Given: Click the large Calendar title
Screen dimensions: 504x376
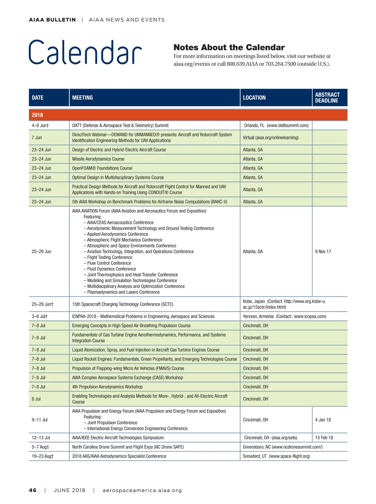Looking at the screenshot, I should [x=85, y=52].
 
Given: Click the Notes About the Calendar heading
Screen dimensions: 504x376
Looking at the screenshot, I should [x=229, y=47].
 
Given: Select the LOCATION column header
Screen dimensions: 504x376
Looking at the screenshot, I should [x=254, y=98].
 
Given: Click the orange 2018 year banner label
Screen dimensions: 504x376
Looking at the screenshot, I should [x=37, y=115].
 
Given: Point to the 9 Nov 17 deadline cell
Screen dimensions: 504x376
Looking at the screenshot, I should [x=323, y=251].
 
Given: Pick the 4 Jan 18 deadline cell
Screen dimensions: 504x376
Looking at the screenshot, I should [x=323, y=420].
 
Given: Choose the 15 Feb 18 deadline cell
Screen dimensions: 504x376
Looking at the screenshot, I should [x=324, y=437].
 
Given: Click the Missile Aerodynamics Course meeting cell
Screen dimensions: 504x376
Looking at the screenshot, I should [x=98, y=159].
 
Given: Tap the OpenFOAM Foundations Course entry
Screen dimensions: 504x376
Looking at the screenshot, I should [x=102, y=168].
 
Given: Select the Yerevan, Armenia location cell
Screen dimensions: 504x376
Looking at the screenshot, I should [x=284, y=316].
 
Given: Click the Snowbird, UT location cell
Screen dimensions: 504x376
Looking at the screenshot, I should [x=276, y=456].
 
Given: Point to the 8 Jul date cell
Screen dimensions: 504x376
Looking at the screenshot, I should [x=36, y=399].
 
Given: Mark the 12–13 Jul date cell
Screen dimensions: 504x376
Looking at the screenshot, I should [x=41, y=437].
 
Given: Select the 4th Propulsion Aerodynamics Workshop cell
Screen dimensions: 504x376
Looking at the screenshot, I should [x=107, y=387].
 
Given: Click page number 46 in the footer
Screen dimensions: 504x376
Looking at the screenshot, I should [x=33, y=490].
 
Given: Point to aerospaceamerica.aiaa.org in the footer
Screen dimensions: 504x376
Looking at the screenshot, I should [x=142, y=490].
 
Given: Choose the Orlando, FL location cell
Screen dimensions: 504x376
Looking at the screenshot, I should [x=276, y=126].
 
